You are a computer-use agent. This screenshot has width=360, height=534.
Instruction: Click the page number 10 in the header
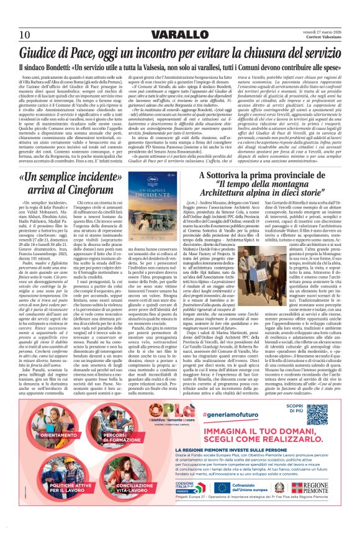(x=25, y=34)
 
